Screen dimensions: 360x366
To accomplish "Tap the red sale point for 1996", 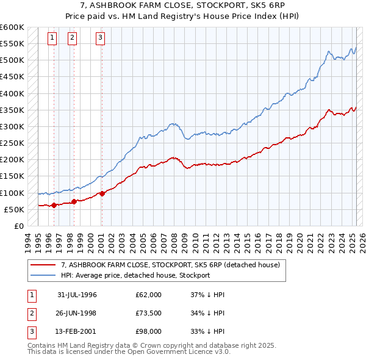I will (54, 205).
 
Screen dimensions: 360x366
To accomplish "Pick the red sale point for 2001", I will (102, 193).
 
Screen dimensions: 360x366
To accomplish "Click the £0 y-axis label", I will (18, 226).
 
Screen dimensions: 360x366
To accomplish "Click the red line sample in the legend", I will (43, 265).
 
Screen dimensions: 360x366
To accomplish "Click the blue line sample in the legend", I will (43, 275).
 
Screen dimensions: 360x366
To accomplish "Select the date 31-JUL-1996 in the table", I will (77, 295).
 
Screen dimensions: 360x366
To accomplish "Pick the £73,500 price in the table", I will (148, 313).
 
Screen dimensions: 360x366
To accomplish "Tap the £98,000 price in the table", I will (148, 332).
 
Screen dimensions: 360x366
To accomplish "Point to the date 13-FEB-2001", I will (77, 332).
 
